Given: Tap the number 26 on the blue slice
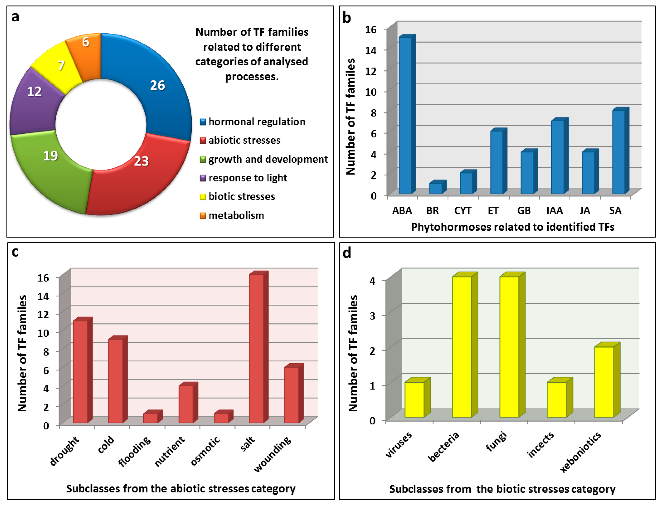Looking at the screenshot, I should tap(157, 85).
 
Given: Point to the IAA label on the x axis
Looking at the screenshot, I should tap(555, 210).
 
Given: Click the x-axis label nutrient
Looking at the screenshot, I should tap(170, 451).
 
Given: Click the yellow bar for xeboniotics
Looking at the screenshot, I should tap(604, 382).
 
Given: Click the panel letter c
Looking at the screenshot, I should tap(15, 252).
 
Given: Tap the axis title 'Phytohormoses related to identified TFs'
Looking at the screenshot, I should tap(513, 227).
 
